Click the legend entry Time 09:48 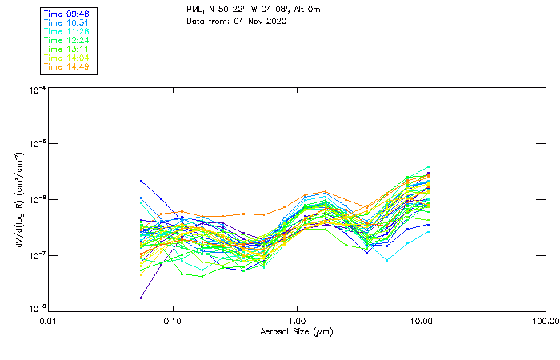pos(66,14)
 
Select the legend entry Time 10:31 pos(66,23)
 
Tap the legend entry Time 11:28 pos(66,31)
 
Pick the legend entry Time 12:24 pos(66,40)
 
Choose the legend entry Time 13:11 pos(66,49)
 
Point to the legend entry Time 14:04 pos(66,58)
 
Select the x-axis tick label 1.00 pos(297,321)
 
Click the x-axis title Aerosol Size pos(296,331)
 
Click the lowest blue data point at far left pos(141,298)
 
